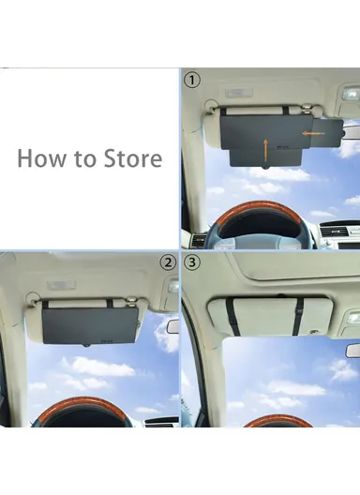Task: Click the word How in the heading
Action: click(40, 157)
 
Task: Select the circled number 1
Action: click(191, 81)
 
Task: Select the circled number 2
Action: click(168, 262)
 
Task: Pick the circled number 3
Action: click(193, 262)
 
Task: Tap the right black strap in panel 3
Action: click(297, 316)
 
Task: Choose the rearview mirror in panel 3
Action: click(352, 350)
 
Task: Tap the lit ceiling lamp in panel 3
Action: click(352, 319)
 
